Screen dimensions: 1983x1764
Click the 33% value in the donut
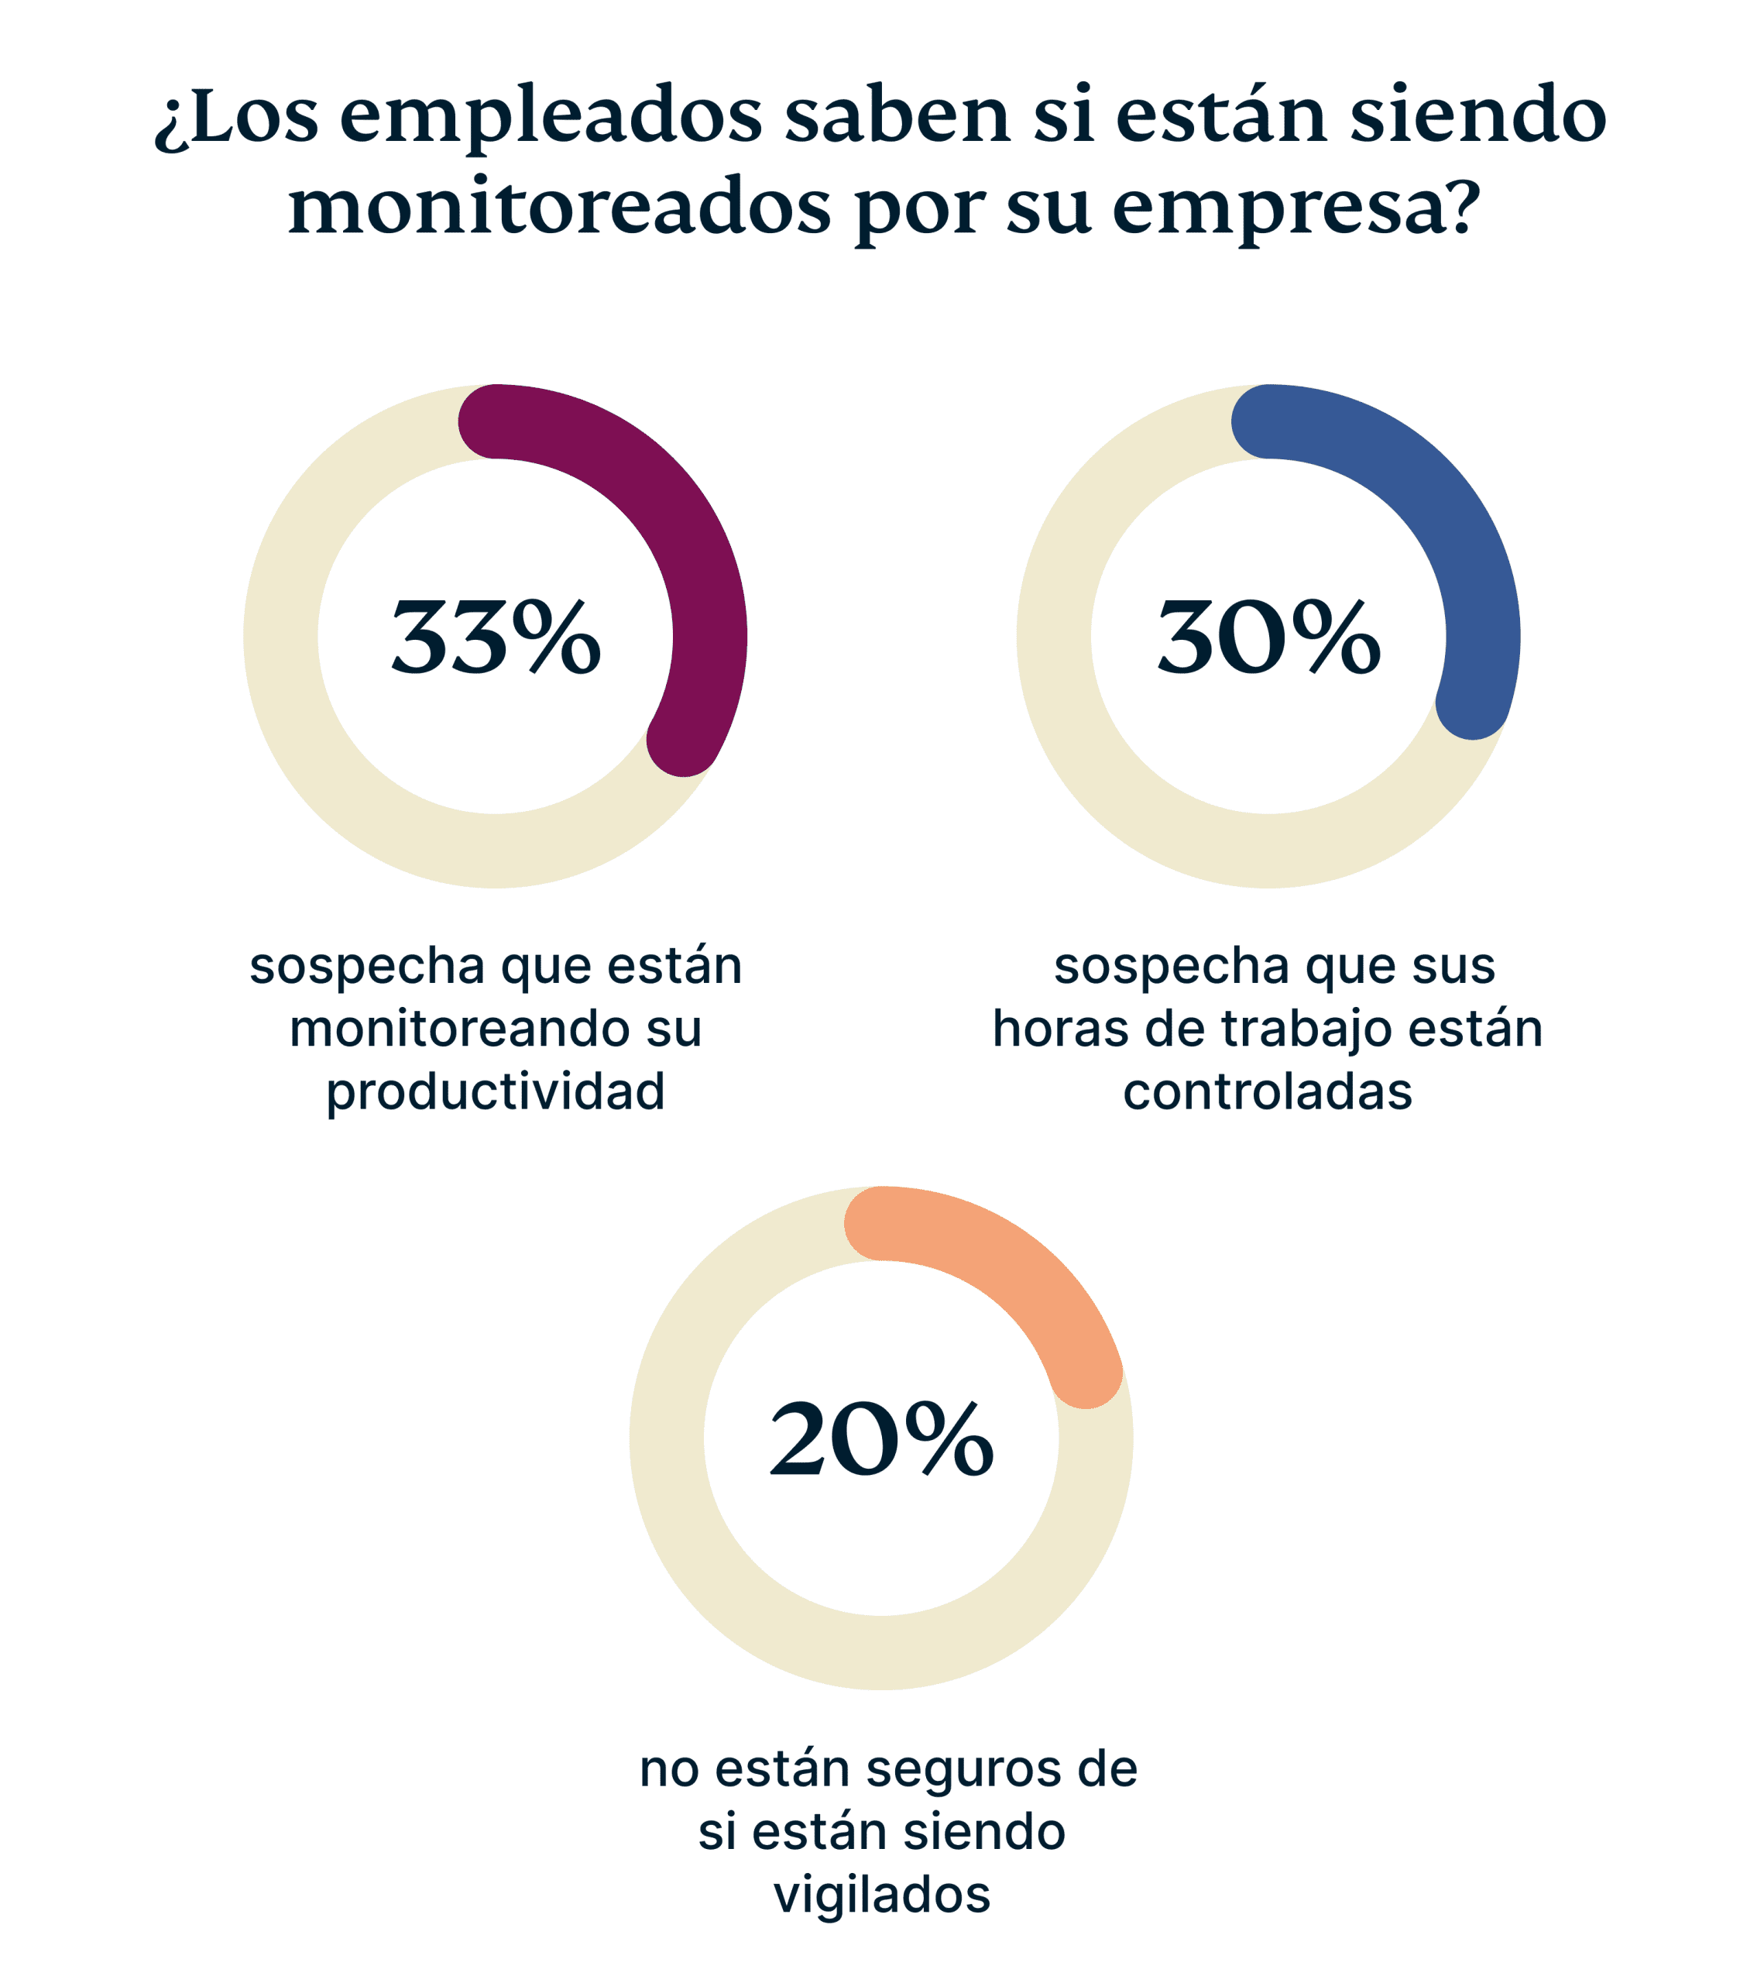496,638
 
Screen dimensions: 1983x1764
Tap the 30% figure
1268,638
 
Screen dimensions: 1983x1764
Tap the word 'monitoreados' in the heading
560,208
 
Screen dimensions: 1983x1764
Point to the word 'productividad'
496,1091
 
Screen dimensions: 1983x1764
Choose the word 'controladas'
1268,1091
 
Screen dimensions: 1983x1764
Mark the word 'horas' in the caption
1060,1029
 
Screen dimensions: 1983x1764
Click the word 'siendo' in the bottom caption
983,1832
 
